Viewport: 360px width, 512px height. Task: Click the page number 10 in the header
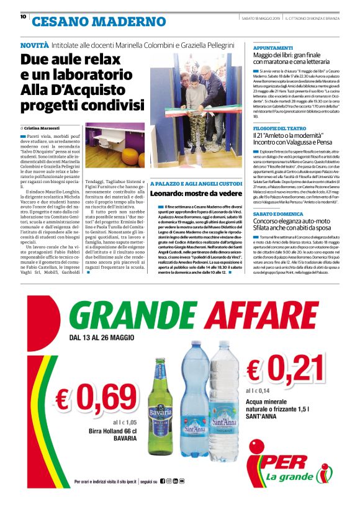coord(23,17)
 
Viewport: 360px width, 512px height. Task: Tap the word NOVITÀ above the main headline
coord(34,46)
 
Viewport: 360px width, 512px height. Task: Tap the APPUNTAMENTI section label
coord(273,48)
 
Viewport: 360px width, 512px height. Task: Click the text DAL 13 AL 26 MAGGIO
coord(102,338)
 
